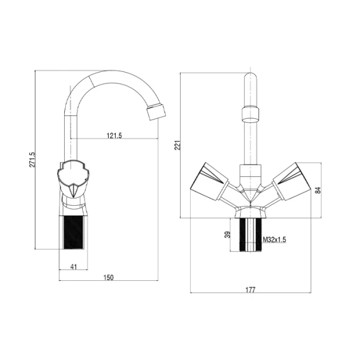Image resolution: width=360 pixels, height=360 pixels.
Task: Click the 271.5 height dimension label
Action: click(32, 159)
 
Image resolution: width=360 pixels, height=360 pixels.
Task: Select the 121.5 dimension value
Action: click(115, 136)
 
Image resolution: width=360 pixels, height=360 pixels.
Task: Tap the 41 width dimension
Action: click(73, 267)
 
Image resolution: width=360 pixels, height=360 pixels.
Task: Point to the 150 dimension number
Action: click(109, 278)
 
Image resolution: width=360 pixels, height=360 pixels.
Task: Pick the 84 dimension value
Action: click(318, 190)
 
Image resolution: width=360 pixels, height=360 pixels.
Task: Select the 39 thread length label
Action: click(227, 235)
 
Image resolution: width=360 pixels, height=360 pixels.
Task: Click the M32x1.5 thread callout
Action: click(275, 240)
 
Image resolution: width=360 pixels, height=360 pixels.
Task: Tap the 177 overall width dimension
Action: click(250, 290)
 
